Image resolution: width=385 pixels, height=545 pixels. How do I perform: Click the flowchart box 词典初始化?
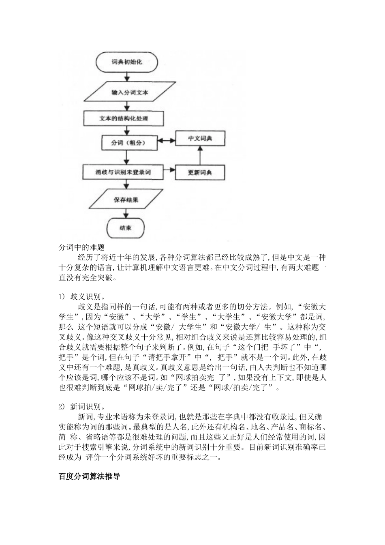coord(127,63)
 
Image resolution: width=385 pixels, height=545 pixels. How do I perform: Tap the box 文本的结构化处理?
coord(124,118)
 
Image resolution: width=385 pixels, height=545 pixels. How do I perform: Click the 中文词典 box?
coord(200,139)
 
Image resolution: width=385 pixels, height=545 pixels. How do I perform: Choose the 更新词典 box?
coord(200,172)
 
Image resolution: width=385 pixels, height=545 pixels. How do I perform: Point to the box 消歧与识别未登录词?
coord(123,172)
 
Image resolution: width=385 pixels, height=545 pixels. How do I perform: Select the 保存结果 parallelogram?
coord(126,200)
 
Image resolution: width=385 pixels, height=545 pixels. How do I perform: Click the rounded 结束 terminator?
coord(126,228)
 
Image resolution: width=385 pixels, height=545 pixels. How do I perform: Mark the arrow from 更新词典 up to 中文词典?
coord(200,156)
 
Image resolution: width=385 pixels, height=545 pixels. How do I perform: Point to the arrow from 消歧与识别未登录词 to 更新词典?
coord(169,171)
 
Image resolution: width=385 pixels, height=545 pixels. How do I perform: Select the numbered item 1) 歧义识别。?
coord(79,297)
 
